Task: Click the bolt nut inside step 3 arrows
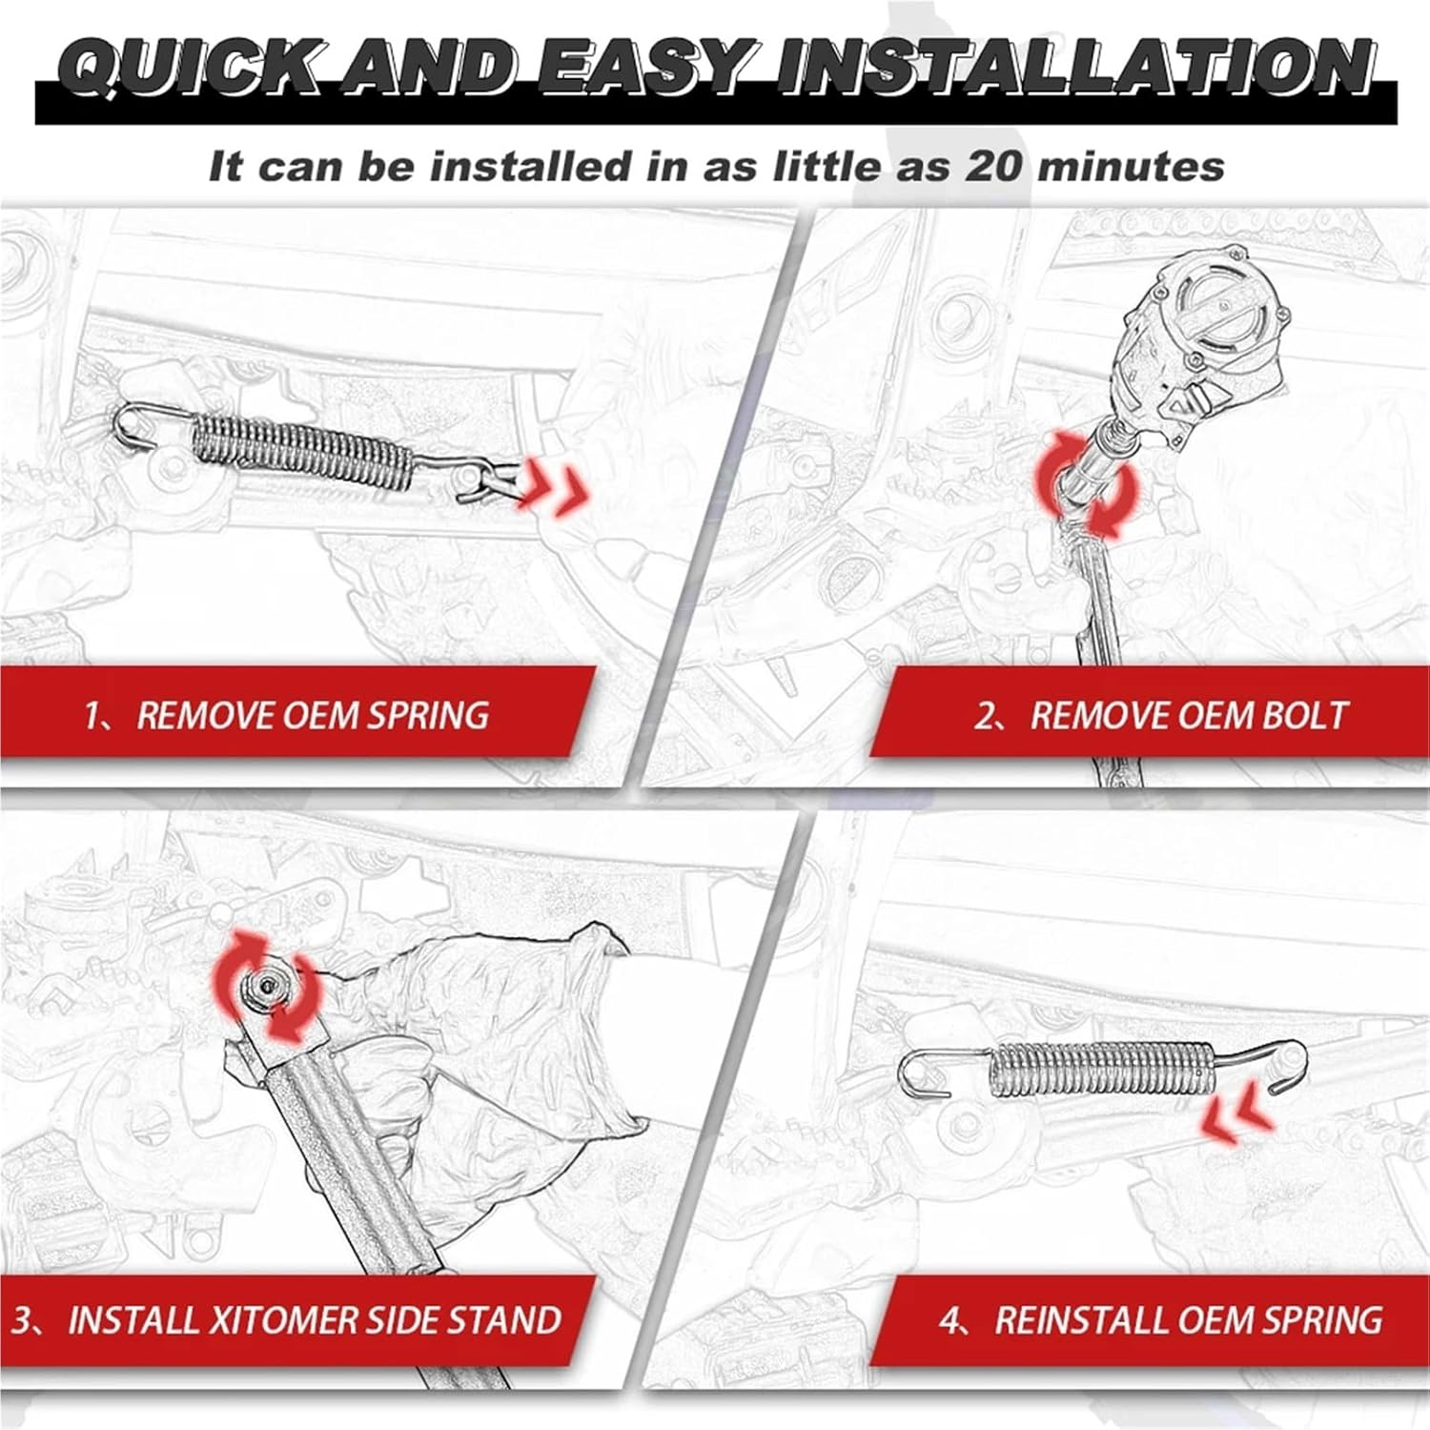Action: tap(266, 986)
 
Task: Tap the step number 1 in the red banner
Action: tap(93, 715)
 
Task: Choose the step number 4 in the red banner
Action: tap(950, 1320)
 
